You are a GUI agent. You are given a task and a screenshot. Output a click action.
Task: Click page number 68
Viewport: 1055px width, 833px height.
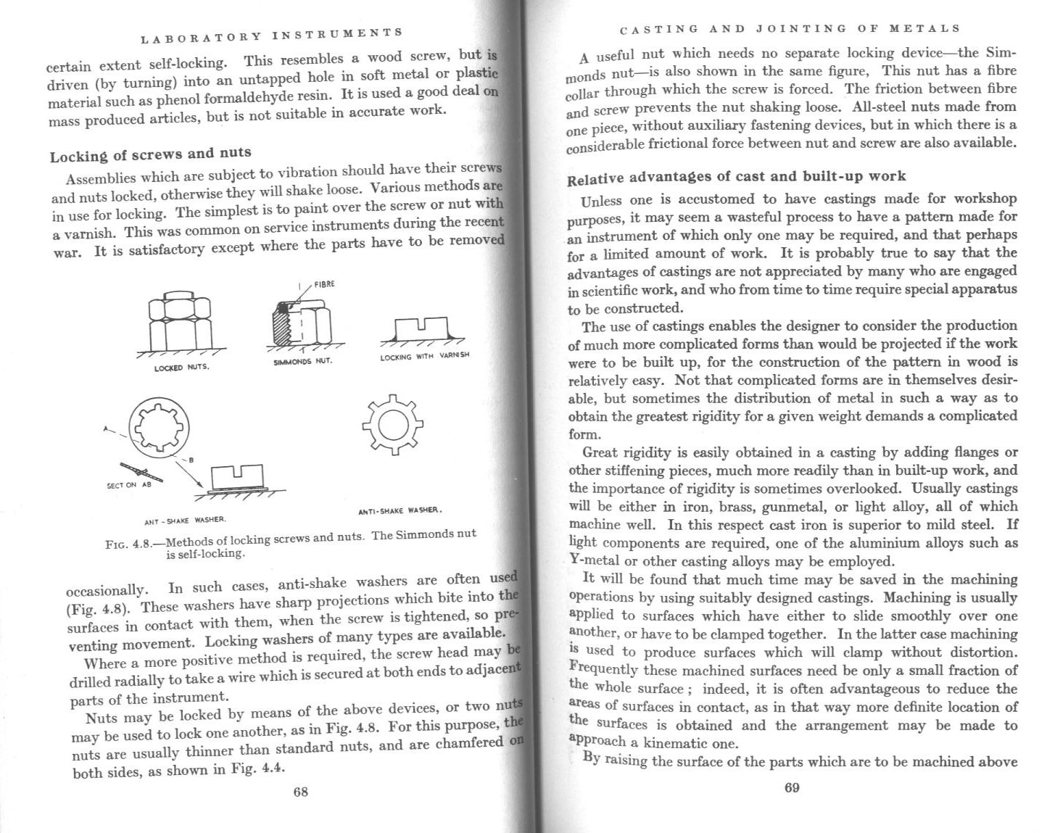coord(300,792)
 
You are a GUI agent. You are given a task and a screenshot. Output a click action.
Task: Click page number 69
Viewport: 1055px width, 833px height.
coord(792,788)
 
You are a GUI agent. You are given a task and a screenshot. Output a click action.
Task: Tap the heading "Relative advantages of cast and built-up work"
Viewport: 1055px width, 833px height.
coord(736,177)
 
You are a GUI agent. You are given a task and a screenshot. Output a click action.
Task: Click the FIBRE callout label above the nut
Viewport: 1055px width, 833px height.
coord(324,283)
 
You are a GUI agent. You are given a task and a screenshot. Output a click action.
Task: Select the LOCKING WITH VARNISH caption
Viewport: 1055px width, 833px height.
coord(425,356)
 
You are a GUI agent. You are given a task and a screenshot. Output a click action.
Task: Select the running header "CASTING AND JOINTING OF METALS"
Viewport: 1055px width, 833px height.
coord(791,29)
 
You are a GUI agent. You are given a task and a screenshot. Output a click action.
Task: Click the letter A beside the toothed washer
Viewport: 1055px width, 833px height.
coord(106,428)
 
